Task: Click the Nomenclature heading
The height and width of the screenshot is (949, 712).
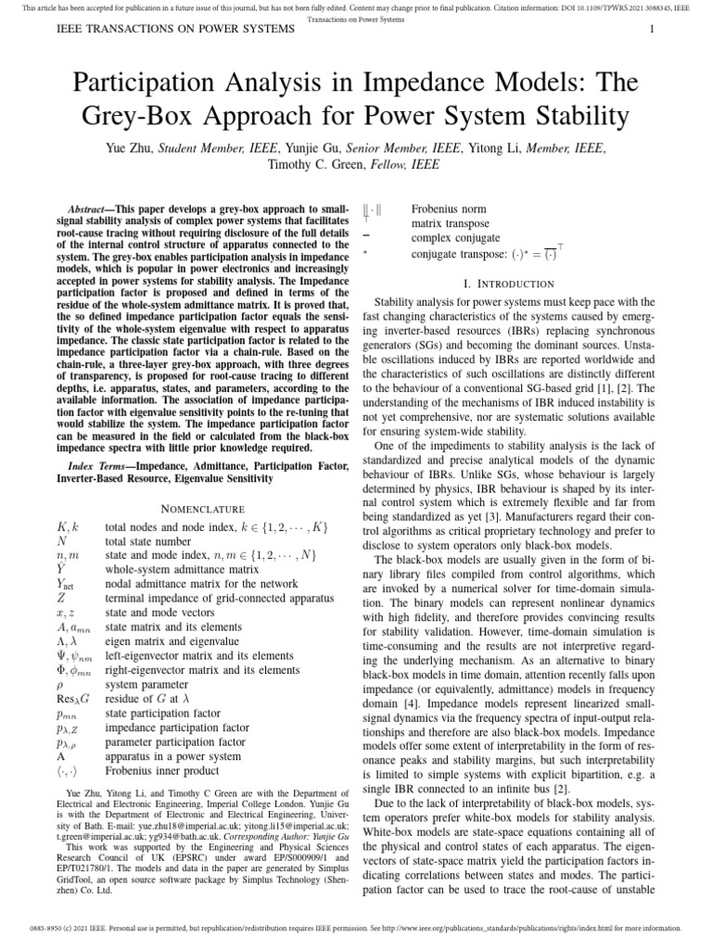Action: [x=203, y=509]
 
